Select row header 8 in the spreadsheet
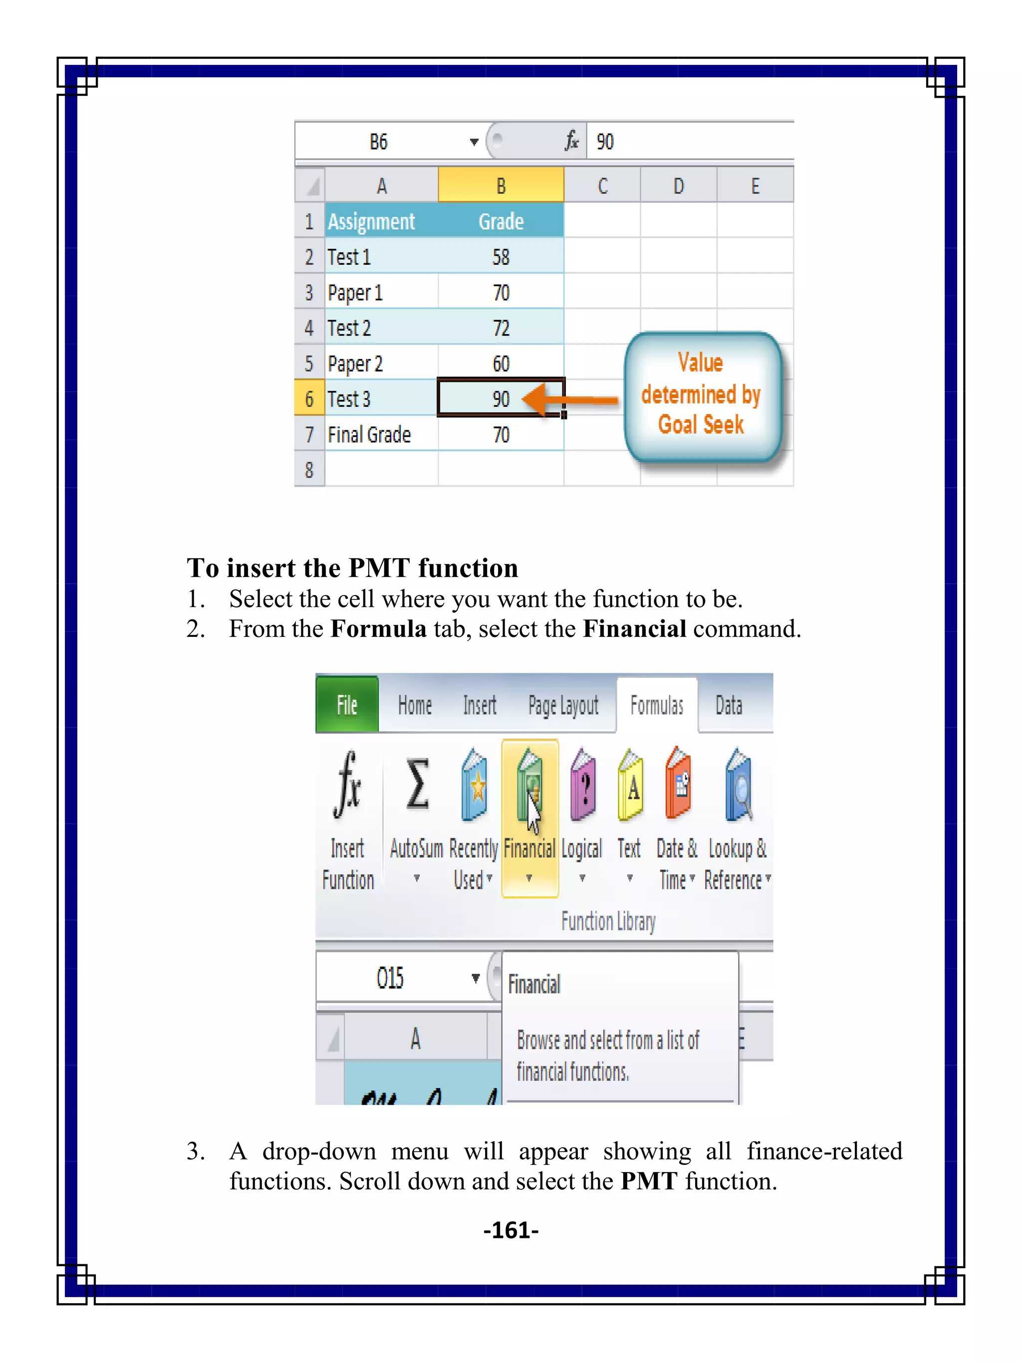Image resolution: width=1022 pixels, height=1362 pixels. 309,470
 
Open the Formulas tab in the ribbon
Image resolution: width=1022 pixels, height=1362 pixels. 657,706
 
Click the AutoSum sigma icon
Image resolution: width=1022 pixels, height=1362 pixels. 417,785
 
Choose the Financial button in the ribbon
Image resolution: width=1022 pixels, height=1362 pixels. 530,819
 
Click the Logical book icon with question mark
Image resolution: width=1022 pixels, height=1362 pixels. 583,785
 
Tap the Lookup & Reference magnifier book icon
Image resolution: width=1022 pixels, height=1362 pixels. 739,785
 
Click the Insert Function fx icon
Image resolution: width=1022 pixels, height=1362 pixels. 347,785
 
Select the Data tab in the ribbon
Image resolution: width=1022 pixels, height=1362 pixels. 728,706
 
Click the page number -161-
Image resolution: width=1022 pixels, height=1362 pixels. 511,1230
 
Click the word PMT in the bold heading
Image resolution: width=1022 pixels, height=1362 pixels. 378,568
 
